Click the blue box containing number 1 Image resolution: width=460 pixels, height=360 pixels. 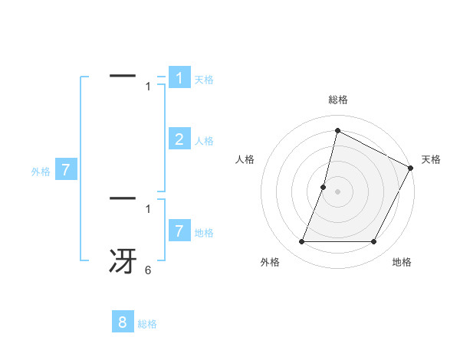179,78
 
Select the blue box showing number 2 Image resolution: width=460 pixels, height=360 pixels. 179,139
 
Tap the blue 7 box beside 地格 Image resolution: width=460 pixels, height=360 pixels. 179,231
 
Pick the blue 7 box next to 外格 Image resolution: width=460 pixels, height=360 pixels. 66,170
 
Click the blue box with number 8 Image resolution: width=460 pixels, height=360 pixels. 123,322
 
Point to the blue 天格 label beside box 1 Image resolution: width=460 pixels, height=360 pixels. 204,80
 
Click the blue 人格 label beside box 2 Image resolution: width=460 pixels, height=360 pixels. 204,141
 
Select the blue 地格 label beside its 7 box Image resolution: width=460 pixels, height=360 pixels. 204,233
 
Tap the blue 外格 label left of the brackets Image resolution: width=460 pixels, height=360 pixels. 41,172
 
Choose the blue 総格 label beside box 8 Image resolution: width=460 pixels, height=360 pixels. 147,325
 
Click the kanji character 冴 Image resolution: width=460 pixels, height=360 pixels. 123,260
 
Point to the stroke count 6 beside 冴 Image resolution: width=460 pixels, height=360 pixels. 148,270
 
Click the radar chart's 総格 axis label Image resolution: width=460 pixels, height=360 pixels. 337,100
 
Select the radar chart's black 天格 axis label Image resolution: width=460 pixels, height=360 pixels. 431,159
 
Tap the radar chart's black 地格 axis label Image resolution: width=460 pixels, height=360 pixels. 401,263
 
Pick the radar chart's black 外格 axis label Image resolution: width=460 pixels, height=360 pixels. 270,263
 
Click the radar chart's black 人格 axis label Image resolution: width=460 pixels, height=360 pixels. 245,159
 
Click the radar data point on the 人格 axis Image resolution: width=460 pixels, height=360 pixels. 324,187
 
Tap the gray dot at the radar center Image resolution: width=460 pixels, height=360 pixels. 337,191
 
